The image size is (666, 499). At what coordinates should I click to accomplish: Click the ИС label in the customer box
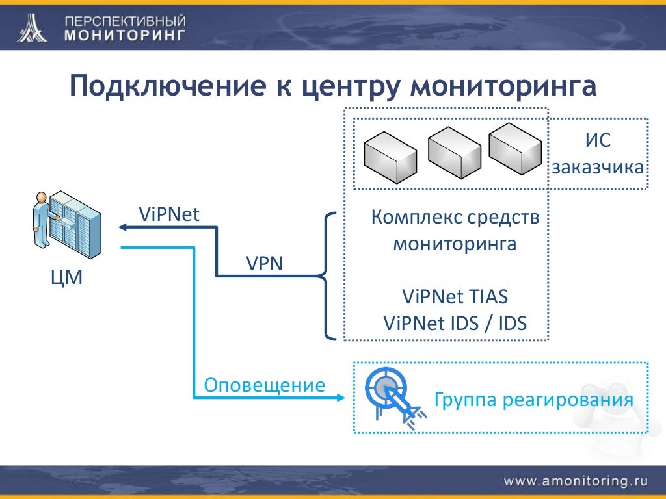click(x=598, y=140)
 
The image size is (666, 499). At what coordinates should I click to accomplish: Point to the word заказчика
click(x=598, y=167)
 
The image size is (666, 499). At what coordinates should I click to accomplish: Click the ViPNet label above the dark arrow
click(x=169, y=214)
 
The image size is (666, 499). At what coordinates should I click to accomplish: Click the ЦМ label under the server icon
click(x=66, y=279)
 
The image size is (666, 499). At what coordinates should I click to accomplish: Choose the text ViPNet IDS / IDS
click(x=455, y=323)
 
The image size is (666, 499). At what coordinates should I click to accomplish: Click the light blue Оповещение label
click(x=264, y=385)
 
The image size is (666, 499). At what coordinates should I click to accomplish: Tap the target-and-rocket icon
click(x=394, y=396)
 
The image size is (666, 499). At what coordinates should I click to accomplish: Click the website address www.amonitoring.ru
click(x=576, y=481)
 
